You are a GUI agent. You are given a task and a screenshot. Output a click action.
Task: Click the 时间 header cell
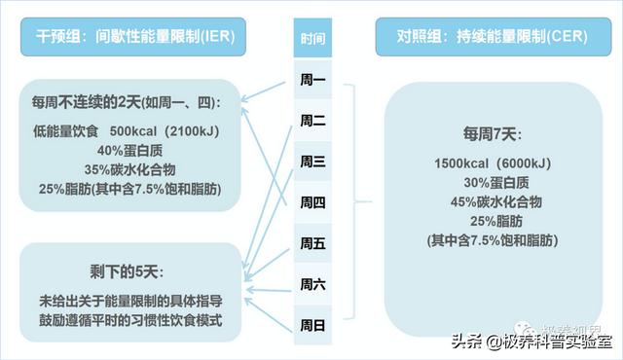[312, 40]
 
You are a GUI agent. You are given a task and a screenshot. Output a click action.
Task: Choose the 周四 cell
[312, 201]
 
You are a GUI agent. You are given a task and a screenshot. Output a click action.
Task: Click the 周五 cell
[312, 242]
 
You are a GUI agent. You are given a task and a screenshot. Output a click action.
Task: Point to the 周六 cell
[312, 283]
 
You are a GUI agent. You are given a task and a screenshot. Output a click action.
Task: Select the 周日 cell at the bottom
[312, 324]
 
